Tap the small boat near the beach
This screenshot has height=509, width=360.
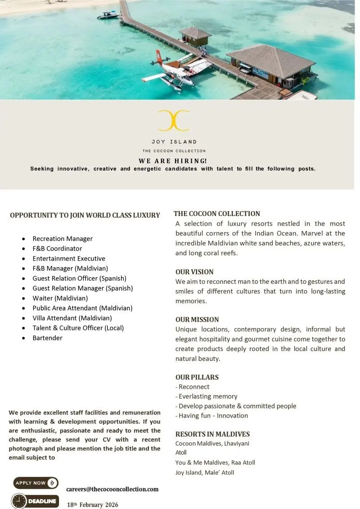[x=108, y=15]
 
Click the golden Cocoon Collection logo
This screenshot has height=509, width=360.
[x=174, y=121]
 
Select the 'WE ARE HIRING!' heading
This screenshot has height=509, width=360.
[x=173, y=161]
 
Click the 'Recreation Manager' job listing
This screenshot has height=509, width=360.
[x=63, y=239]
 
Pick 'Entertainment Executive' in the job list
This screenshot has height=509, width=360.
[x=69, y=258]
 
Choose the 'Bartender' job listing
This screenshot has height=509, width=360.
[x=47, y=338]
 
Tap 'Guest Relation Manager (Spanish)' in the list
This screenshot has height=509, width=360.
[x=82, y=288]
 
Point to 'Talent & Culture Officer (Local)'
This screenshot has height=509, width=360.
[x=78, y=328]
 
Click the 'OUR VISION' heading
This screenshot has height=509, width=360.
[x=194, y=272]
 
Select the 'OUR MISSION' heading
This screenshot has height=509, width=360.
[x=197, y=320]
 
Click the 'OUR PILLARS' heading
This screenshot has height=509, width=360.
[x=197, y=377]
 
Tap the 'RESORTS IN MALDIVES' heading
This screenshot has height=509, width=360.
[x=212, y=434]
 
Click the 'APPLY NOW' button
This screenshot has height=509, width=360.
[x=36, y=483]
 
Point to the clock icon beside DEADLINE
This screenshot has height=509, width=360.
[x=19, y=501]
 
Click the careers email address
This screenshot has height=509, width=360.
[x=112, y=489]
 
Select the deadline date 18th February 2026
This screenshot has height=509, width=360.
[x=93, y=504]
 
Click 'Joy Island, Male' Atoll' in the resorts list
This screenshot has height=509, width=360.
[x=205, y=472]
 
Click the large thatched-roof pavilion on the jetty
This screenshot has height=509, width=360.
[x=270, y=63]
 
